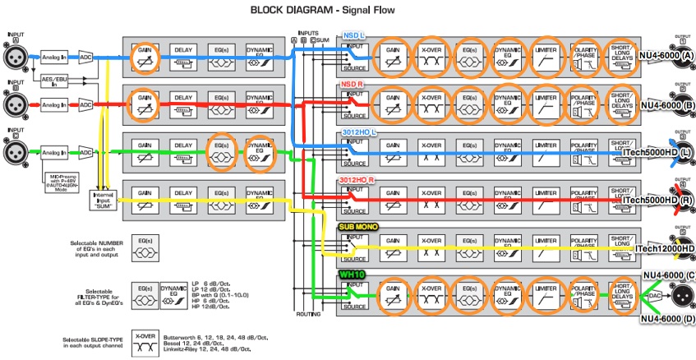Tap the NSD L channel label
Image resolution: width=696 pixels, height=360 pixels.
[x=354, y=36]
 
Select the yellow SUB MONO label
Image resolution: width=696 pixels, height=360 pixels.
[x=357, y=225]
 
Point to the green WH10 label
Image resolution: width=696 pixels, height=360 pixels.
[x=352, y=274]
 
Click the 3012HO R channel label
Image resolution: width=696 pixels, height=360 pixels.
[x=357, y=179]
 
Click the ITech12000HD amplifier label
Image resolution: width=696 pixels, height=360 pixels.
[x=665, y=248]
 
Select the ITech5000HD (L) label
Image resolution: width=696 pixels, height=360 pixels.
[x=658, y=155]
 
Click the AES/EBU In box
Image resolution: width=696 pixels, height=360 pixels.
[x=53, y=80]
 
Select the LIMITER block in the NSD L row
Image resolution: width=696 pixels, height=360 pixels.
[x=546, y=59]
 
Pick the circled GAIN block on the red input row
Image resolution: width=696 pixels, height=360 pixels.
[x=145, y=104]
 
